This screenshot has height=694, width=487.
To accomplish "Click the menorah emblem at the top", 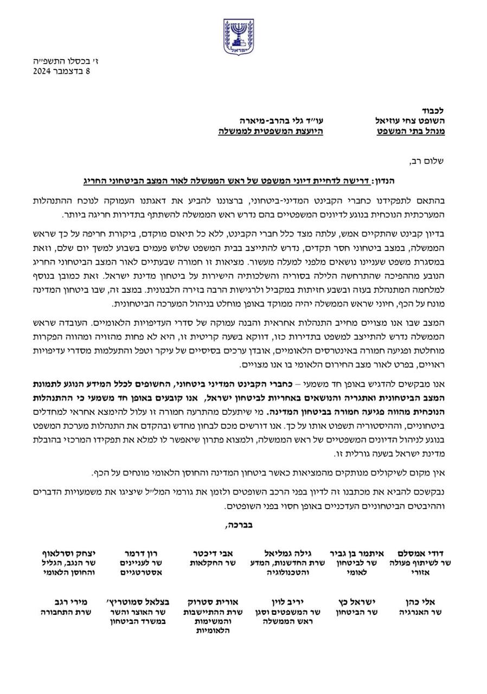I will (x=238, y=36).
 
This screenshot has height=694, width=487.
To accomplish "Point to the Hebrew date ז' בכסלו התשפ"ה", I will (x=65, y=61).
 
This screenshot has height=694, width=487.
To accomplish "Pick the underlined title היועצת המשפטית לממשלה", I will (x=271, y=131).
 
